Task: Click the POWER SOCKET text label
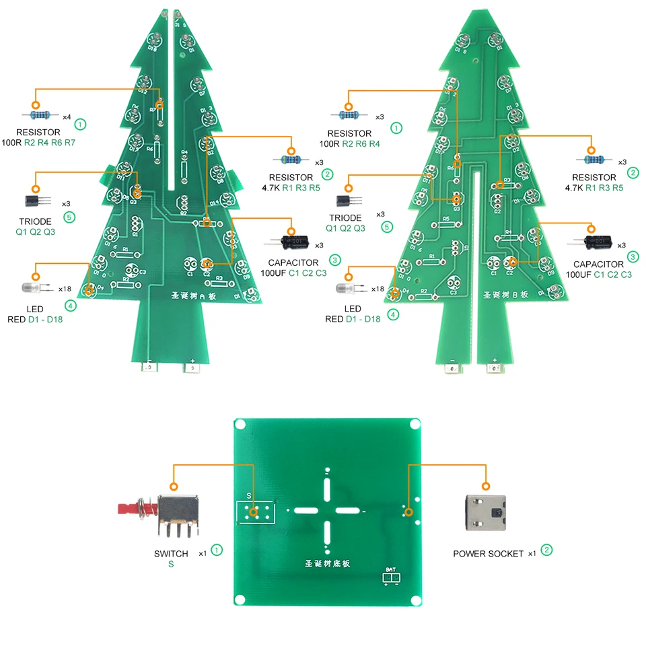[x=488, y=554]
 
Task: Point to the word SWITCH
[x=171, y=554]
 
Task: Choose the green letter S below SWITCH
[x=171, y=565]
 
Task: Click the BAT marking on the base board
[x=390, y=569]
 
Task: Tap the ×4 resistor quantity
[x=67, y=117]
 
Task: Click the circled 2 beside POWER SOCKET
[x=547, y=550]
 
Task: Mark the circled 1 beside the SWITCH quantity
[x=217, y=550]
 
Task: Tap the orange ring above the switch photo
[x=174, y=486]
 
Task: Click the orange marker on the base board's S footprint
[x=253, y=513]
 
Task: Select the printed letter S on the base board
[x=248, y=497]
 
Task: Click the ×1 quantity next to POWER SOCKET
[x=532, y=554]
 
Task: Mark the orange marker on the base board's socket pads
[x=407, y=512]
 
